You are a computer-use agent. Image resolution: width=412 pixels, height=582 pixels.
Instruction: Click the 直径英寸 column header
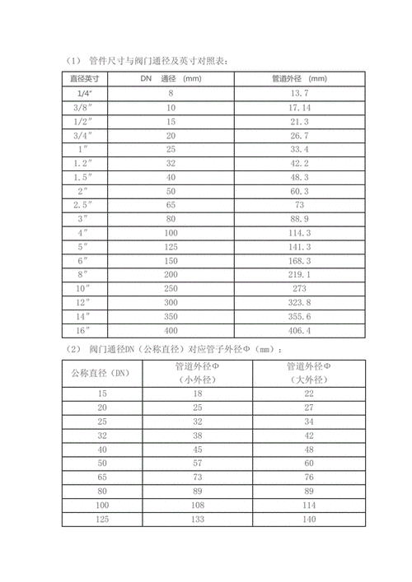(84, 79)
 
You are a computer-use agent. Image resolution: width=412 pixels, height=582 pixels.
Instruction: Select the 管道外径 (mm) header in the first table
(299, 79)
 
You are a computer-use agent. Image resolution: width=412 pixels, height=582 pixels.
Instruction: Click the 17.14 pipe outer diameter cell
(299, 108)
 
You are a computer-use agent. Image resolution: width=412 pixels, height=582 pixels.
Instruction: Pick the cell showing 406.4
(299, 330)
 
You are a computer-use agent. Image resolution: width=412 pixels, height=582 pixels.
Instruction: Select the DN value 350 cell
(171, 316)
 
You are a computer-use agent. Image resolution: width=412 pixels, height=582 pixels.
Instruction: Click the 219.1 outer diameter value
(299, 274)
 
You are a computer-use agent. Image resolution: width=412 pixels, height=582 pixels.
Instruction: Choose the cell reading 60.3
(299, 190)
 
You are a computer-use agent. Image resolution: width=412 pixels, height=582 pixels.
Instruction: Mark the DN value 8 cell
(171, 94)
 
